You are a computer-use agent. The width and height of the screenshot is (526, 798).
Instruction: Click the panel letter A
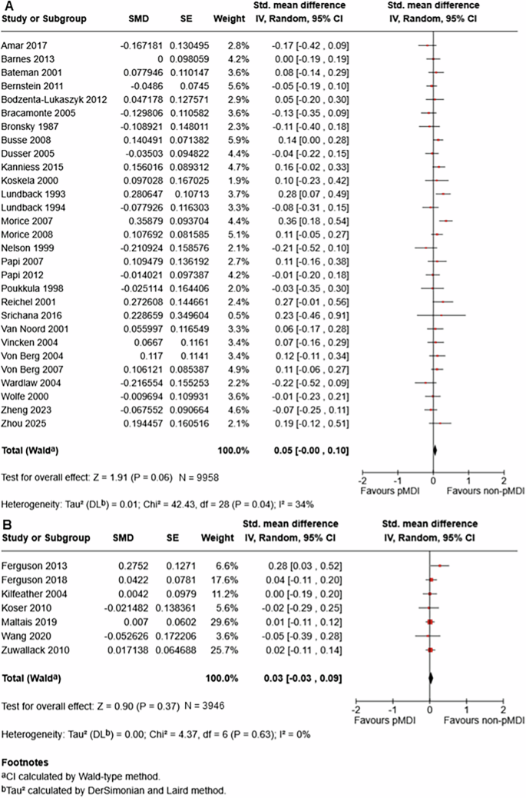click(6, 5)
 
